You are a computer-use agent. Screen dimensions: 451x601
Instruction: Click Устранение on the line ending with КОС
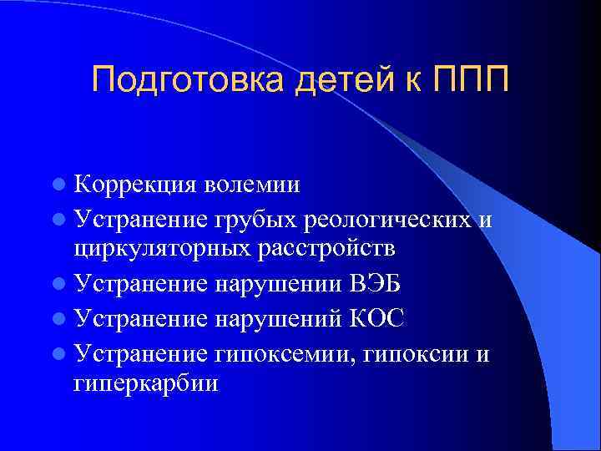pos(143,319)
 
